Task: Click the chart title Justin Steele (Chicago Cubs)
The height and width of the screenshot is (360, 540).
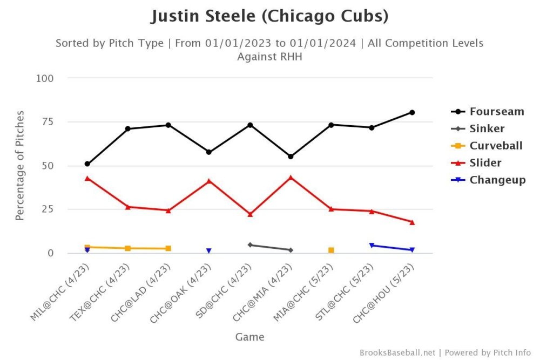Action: coord(269,17)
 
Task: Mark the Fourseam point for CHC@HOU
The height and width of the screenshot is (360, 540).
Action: coord(412,112)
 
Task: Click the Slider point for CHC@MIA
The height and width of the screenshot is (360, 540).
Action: coord(291,177)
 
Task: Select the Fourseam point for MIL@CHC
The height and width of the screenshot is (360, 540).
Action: coord(87,164)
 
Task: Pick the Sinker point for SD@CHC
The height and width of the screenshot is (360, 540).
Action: coord(250,244)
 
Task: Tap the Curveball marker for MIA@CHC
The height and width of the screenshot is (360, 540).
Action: coord(331,250)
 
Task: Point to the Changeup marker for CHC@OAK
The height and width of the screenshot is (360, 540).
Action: coord(209,251)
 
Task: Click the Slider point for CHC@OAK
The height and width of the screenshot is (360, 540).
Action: coord(209,181)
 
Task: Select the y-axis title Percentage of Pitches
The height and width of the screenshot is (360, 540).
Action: coord(20,166)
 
